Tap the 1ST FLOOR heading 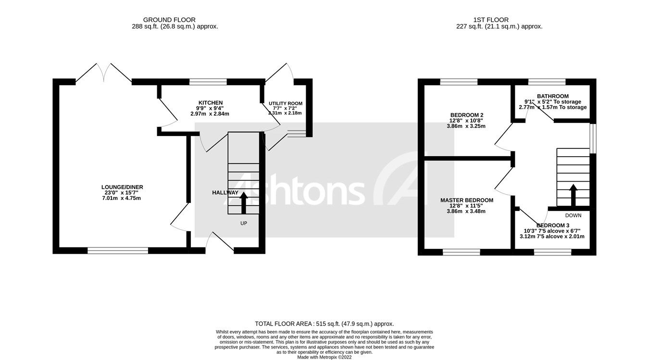click(x=499, y=20)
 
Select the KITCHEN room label click(x=211, y=103)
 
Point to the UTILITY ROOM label click(x=286, y=103)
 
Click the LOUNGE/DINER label click(x=122, y=187)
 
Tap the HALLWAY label click(x=225, y=193)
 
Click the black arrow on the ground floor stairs click(x=243, y=202)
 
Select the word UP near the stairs click(x=244, y=223)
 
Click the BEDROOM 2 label click(x=466, y=115)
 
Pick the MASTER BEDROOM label click(x=467, y=200)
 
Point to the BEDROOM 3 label click(x=553, y=225)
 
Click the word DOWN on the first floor click(x=573, y=215)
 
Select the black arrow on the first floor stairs click(x=573, y=194)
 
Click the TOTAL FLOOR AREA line click(x=324, y=324)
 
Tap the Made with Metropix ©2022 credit click(x=324, y=357)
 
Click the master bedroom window click(x=462, y=252)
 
